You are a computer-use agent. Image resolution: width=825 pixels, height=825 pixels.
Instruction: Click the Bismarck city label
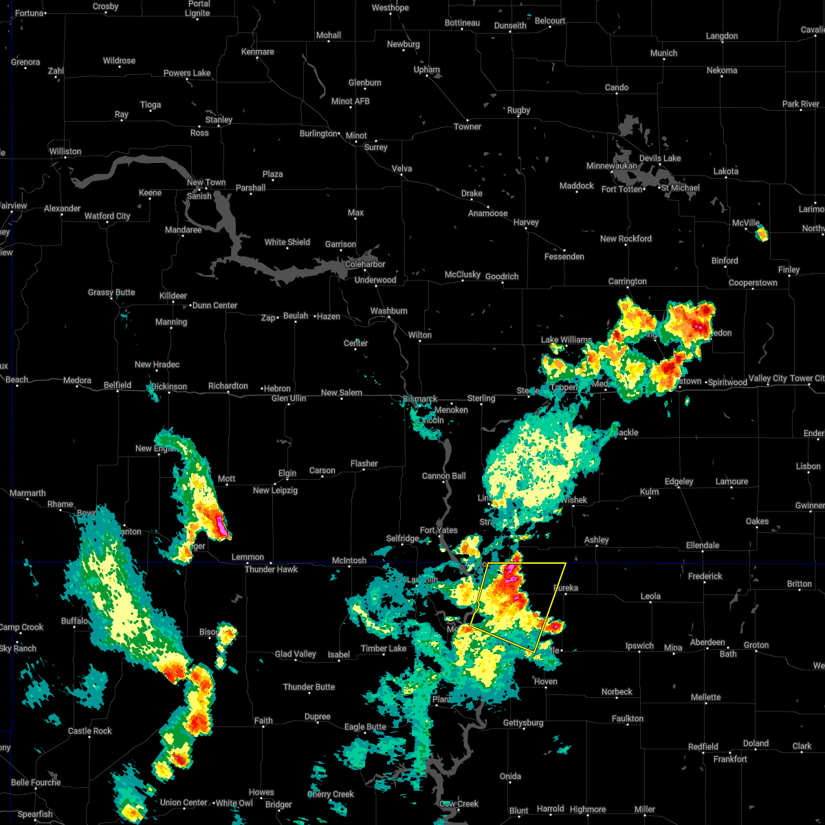(421, 399)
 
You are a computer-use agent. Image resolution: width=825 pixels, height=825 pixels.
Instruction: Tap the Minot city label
(356, 135)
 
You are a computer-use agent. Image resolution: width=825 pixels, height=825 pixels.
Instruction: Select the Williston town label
(65, 151)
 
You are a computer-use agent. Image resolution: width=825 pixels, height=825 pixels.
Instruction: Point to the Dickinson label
(169, 386)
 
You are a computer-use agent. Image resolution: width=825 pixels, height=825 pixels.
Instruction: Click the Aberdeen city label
(707, 642)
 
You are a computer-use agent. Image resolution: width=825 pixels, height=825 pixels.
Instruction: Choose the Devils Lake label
(660, 158)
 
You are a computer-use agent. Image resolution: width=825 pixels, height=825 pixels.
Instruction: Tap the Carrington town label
(627, 281)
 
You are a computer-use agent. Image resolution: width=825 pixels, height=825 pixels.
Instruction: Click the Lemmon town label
(247, 557)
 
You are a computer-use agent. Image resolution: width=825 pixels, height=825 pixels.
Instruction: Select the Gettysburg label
(523, 723)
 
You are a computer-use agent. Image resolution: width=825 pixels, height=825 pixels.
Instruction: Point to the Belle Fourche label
(36, 782)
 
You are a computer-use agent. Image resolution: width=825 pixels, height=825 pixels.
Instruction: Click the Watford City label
(107, 216)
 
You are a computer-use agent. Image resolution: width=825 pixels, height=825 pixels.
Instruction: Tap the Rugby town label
(518, 110)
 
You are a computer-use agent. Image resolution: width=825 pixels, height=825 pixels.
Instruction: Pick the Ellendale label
(703, 545)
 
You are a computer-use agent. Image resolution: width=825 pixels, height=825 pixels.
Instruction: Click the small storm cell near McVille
(761, 234)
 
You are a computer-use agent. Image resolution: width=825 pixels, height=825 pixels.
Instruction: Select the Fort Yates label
(439, 530)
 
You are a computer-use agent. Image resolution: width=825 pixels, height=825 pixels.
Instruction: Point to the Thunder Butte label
(309, 687)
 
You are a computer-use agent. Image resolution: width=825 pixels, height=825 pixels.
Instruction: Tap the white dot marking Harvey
(526, 230)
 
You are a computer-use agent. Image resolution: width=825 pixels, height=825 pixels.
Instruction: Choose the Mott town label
(226, 478)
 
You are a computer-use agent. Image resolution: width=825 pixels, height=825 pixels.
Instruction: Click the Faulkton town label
(628, 718)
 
